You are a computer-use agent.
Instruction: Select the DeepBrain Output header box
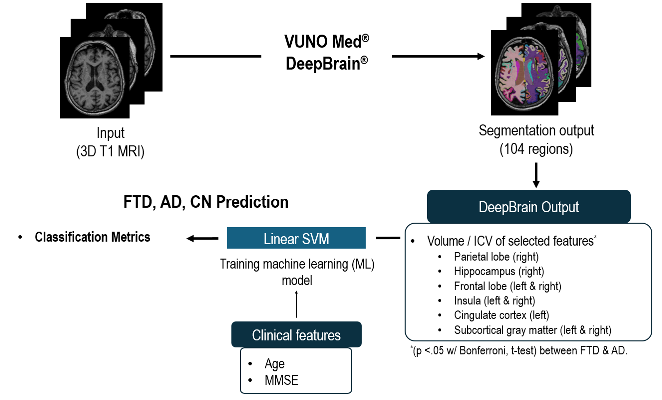(529, 206)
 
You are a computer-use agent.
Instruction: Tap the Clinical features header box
(296, 335)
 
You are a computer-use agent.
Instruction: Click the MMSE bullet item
(281, 380)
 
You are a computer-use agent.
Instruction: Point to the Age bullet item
(274, 364)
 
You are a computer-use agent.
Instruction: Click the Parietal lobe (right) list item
(496, 257)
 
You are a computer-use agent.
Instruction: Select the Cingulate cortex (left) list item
(501, 315)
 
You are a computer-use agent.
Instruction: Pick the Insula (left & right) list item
(494, 301)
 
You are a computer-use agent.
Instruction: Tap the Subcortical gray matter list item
(532, 330)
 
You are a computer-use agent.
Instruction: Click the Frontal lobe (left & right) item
(507, 286)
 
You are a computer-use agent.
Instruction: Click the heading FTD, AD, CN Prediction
(206, 202)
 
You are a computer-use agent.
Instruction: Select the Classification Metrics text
(92, 237)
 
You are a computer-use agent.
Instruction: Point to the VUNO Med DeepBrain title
(327, 52)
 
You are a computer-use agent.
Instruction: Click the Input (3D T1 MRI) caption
(111, 142)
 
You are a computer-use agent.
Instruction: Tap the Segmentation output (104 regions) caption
(536, 140)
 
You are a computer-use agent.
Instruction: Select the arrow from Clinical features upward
(296, 304)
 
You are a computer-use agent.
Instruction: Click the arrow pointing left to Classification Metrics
(202, 239)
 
